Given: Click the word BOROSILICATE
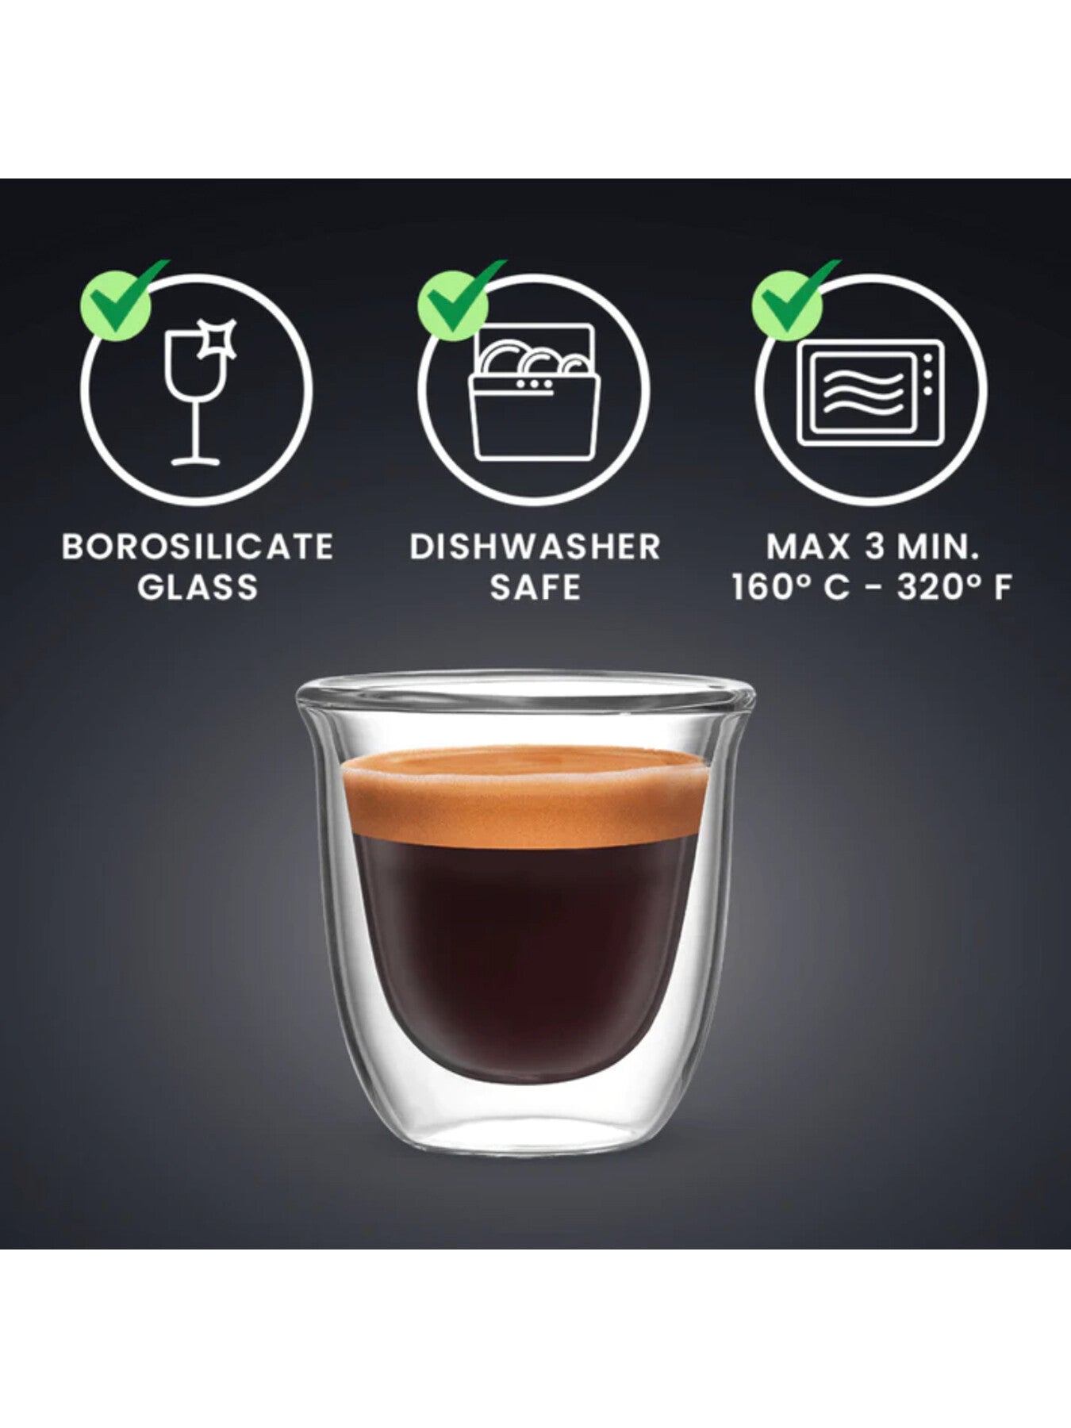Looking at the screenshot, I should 198,547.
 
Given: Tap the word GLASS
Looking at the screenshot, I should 198,588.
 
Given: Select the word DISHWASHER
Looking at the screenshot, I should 535,547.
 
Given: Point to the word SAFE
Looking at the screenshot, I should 535,588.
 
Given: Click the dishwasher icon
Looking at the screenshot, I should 533,393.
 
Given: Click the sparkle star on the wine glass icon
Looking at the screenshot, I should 218,340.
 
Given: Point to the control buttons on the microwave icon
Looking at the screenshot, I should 927,378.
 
